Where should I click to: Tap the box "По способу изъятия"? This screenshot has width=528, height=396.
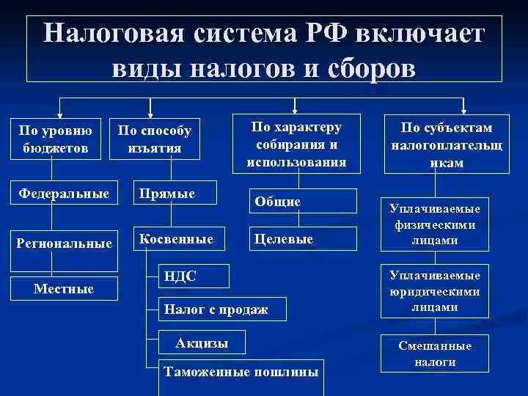click(155, 139)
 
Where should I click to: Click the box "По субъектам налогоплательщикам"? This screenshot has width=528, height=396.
click(446, 143)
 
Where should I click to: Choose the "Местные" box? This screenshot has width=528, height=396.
click(65, 289)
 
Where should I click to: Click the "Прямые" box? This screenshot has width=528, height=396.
click(173, 194)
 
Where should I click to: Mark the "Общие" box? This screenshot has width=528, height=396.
click(301, 201)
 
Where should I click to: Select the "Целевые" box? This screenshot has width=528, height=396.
click(301, 239)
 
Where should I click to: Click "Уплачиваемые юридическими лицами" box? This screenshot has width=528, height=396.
click(445, 292)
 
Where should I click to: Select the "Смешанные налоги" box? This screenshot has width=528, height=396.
click(445, 354)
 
